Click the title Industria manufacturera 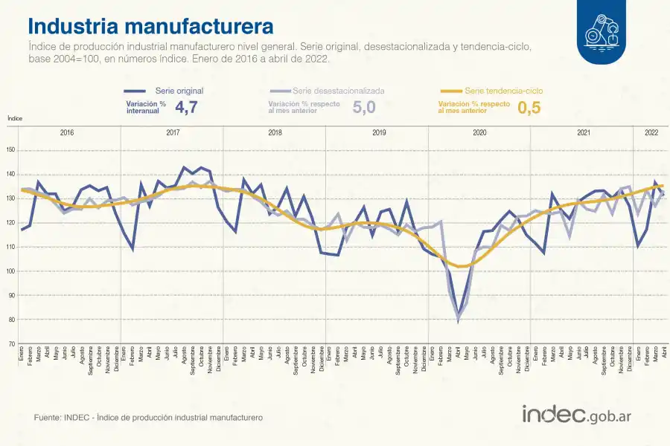150,26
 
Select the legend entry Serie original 179,91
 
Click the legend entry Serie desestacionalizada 339,91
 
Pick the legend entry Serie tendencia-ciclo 503,91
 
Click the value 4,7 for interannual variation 186,107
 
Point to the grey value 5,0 363,107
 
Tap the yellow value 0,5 529,107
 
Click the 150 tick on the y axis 10,150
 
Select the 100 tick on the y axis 10,271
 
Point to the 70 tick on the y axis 10,344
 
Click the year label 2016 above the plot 67,132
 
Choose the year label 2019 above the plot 378,132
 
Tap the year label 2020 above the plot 479,132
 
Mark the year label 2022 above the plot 651,132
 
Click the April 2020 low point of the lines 459,319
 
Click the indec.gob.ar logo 577,416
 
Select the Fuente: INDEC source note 148,418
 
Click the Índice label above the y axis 15,118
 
